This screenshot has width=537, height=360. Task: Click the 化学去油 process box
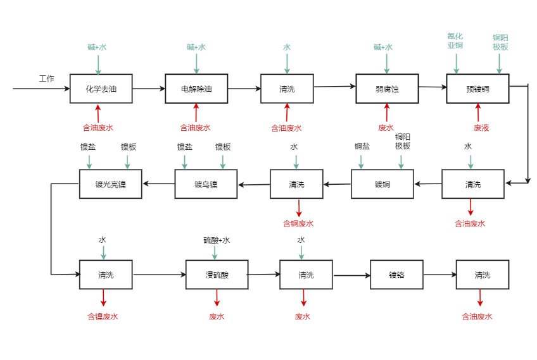pos(101,89)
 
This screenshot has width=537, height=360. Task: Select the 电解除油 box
pos(196,89)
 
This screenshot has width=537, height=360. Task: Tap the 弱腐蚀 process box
pos(387,89)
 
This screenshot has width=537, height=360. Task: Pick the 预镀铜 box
pos(477,89)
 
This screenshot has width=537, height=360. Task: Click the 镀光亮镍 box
pos(111,184)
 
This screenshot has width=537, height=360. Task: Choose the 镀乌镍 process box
pos(206,184)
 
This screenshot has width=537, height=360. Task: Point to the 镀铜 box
pos(382,185)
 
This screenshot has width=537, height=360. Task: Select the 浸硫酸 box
pos(216,275)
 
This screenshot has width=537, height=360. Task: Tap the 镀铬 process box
pos(396,275)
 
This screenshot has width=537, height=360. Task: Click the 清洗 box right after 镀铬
pos(482,275)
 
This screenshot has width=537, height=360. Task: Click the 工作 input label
pos(47,79)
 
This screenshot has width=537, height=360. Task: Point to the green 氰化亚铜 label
pos(455,41)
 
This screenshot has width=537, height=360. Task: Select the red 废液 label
pos(481,128)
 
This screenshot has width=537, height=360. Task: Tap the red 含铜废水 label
pos(298,223)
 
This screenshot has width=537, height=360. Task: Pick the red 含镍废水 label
pos(102,316)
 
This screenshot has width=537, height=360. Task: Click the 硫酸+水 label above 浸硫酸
pos(216,240)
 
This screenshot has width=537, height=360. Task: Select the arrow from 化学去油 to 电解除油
pos(149,89)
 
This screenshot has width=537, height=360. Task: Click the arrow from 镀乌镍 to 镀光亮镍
pos(158,184)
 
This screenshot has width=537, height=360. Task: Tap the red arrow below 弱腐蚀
pos(386,113)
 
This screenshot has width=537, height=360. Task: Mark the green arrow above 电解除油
pos(196,63)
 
